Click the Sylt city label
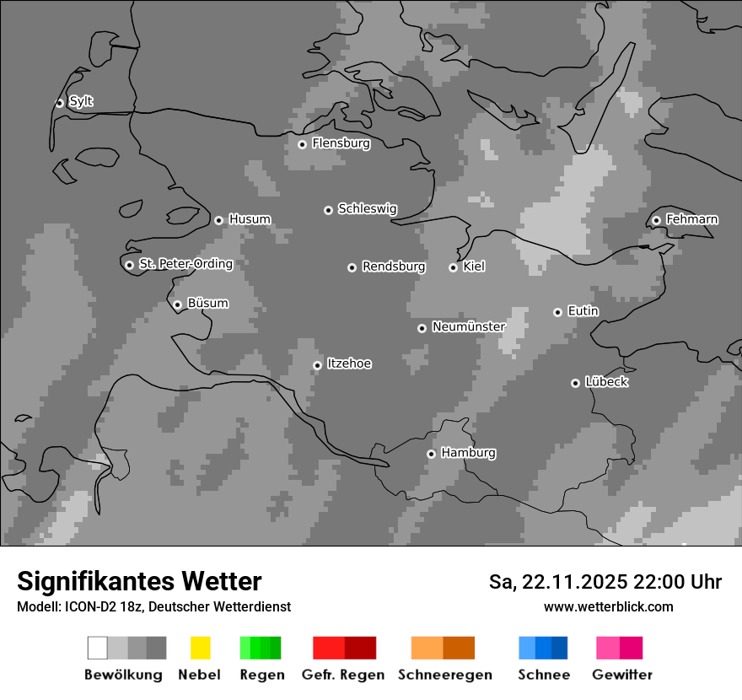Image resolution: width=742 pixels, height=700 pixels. tap(81, 102)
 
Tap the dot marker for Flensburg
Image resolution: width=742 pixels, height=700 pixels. tap(302, 144)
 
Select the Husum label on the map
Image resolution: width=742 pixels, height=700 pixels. tap(250, 219)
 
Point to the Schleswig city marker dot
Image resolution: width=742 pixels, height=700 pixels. tap(328, 210)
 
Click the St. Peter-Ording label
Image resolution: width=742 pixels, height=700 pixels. tap(185, 264)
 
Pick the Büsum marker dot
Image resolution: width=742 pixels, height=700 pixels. tap(177, 304)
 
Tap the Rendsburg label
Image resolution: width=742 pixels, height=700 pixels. tap(394, 267)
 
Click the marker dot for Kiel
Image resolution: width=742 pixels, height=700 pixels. tap(453, 267)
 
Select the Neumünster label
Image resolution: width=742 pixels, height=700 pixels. tap(469, 326)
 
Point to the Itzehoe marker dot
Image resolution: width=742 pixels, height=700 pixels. tap(317, 365)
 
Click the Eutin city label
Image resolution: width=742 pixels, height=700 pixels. tap(583, 311)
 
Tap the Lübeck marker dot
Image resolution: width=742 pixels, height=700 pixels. tap(575, 383)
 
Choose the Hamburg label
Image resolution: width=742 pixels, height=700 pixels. tap(469, 453)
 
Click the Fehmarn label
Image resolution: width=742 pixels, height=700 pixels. tap(692, 219)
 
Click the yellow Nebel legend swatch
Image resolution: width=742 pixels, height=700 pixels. tap(200, 648)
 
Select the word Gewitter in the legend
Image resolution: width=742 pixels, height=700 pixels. tap(622, 675)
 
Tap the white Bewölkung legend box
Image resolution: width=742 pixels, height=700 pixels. tap(98, 648)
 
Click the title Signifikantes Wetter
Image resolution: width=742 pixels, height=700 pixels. tap(139, 581)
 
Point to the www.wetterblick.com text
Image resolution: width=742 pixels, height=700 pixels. tap(609, 606)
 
